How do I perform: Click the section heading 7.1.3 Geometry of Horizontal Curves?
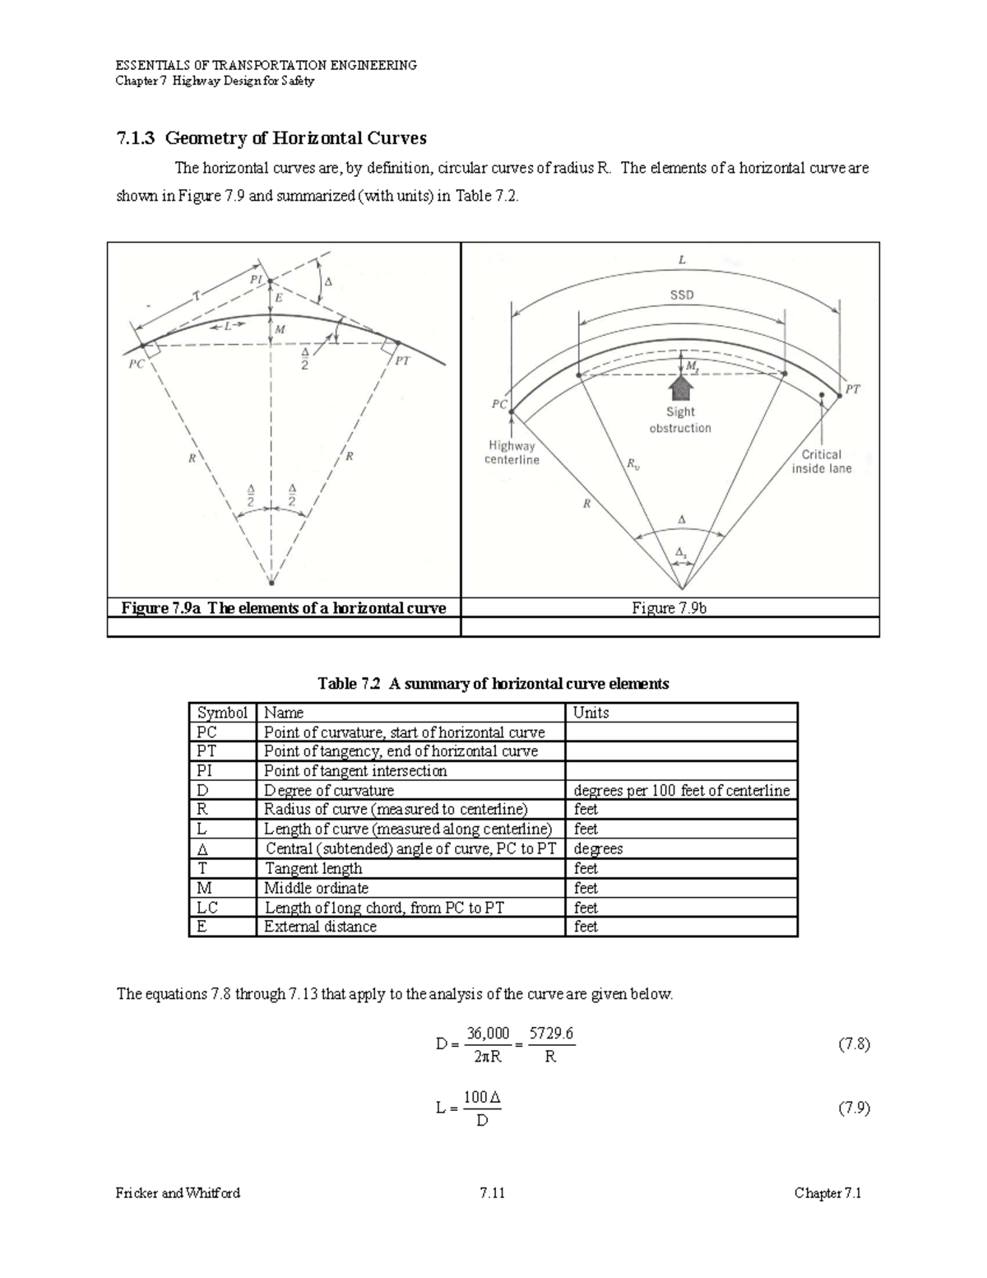point(271,137)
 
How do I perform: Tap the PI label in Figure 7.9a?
point(256,280)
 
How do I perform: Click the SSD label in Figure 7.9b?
point(681,295)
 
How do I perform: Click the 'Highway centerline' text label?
point(512,453)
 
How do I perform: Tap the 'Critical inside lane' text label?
point(822,461)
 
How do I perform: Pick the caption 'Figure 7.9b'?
point(670,608)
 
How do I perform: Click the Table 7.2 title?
point(493,684)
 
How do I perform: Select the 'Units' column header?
point(591,713)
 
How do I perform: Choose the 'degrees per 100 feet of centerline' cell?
point(681,791)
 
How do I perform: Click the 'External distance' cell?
point(320,927)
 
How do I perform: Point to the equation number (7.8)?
point(854,1044)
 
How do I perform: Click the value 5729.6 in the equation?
point(551,1034)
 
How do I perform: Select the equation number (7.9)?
point(854,1108)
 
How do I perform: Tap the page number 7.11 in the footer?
point(492,1193)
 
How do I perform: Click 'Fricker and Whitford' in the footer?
point(178,1193)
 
